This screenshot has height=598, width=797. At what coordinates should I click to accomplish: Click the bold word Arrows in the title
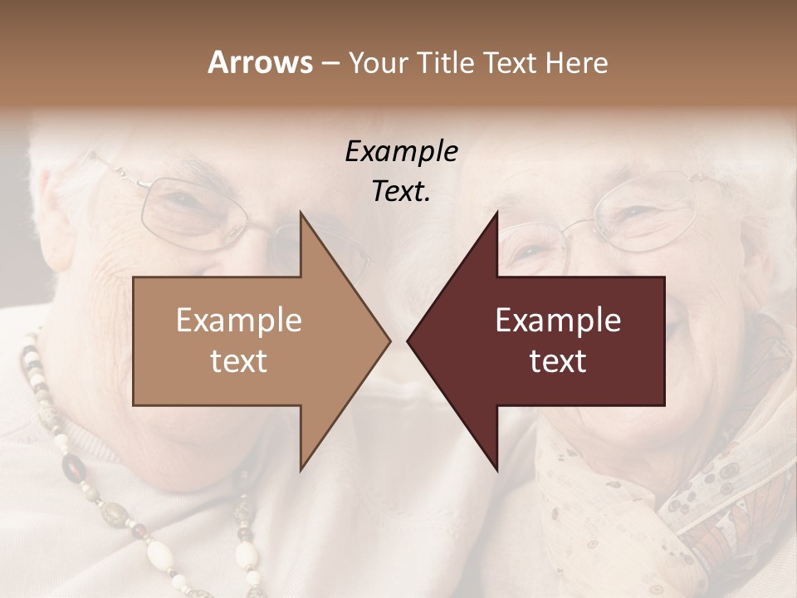click(260, 62)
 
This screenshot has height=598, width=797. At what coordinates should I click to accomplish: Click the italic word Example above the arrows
click(402, 152)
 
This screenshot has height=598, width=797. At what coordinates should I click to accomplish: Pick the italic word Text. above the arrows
click(402, 192)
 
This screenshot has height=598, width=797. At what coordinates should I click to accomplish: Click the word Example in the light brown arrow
click(239, 320)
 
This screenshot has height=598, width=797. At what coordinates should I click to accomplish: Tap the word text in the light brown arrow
click(239, 361)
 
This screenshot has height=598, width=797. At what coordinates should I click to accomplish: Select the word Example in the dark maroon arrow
click(558, 320)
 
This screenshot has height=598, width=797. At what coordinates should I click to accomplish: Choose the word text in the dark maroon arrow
click(558, 361)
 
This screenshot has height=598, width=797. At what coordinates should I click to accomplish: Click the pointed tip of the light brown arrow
click(389, 341)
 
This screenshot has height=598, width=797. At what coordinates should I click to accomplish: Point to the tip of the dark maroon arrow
click(408, 341)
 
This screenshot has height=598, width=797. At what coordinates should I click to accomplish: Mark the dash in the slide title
click(329, 63)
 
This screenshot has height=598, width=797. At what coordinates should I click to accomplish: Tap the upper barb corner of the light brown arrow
click(301, 213)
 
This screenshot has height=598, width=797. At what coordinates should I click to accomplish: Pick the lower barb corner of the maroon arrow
click(496, 470)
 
